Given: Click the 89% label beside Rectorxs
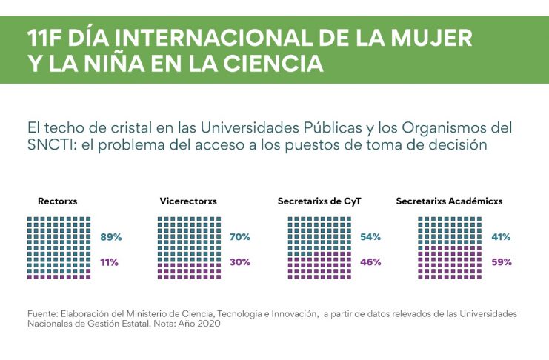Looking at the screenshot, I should [x=110, y=237].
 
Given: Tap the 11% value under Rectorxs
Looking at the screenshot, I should [x=110, y=262].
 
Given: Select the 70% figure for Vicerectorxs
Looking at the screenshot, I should [x=240, y=237].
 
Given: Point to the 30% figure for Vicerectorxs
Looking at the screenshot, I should [x=240, y=262].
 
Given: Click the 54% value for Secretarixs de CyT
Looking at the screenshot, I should [x=370, y=237].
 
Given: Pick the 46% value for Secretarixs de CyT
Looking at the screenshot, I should [x=370, y=262].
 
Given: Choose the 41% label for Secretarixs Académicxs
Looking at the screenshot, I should [x=502, y=237].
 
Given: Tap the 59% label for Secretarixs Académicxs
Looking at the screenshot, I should [x=502, y=262].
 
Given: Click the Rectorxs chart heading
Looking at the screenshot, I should [x=58, y=201].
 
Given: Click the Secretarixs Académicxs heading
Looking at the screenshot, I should [x=449, y=201].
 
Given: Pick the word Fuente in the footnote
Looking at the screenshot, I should [x=42, y=314].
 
